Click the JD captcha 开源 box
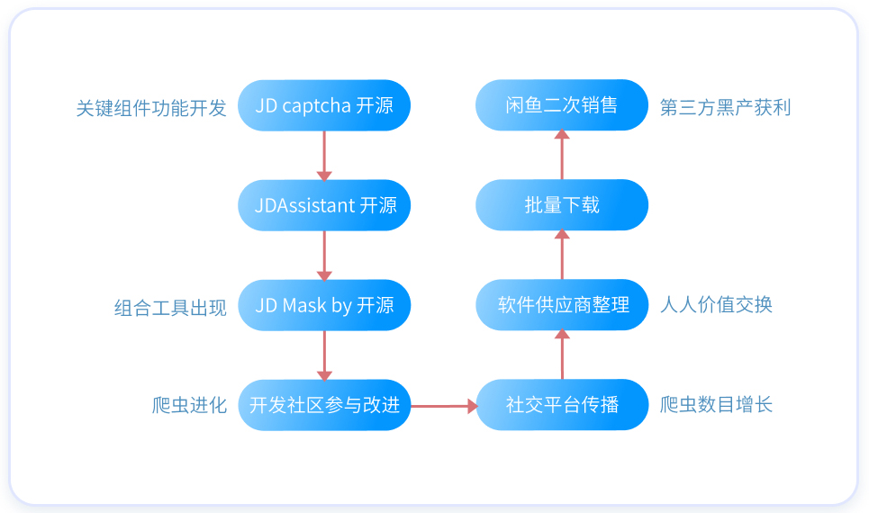(324, 105)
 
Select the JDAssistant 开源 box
(324, 205)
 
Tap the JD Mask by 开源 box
(324, 305)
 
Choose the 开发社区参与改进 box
(324, 405)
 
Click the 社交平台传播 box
(562, 404)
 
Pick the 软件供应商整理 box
(562, 305)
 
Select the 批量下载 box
(562, 205)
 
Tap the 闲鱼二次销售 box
(562, 104)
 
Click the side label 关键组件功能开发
(151, 108)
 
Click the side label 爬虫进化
(189, 405)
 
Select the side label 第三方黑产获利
(726, 107)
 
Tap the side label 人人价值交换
(716, 305)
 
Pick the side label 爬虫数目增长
(716, 404)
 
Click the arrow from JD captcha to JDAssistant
(324, 156)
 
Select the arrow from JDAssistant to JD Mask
(324, 256)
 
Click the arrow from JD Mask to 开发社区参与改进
(324, 355)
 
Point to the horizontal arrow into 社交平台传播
(444, 406)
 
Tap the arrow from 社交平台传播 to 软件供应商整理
(562, 354)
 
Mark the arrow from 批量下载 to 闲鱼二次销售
(562, 155)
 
